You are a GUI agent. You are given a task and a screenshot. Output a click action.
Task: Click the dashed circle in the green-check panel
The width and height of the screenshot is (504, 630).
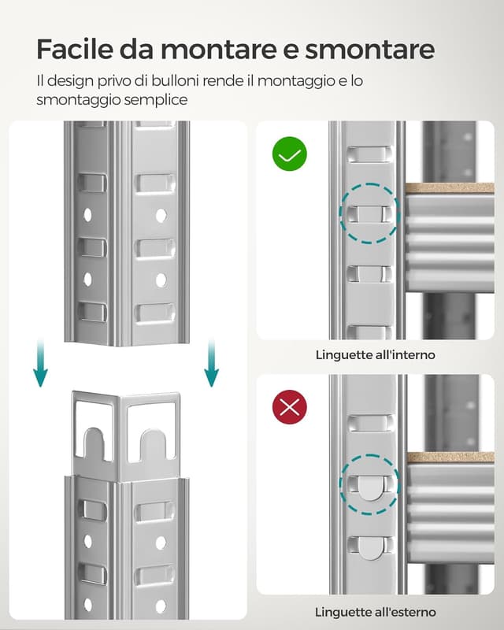(x=369, y=213)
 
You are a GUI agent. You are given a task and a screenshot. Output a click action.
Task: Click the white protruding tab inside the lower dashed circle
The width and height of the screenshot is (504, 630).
(x=369, y=489)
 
